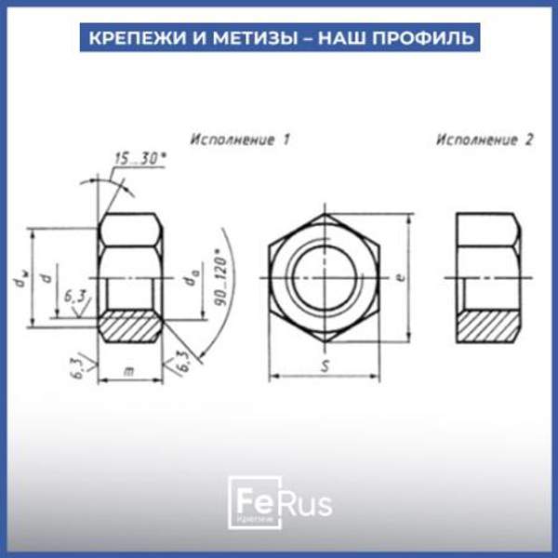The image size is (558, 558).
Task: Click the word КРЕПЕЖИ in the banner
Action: pos(126,38)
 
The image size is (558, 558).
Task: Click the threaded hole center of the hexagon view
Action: pos(324,277)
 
